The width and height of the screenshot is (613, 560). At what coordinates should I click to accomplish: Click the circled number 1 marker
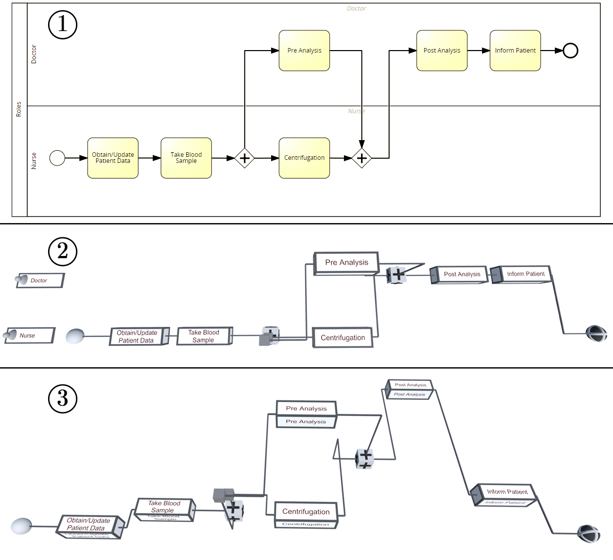tap(62, 25)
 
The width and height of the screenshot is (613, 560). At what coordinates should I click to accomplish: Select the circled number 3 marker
tap(62, 399)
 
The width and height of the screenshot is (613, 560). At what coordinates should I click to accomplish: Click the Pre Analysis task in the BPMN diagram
tap(304, 51)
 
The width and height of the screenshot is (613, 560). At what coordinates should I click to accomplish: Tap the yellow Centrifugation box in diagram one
tap(304, 158)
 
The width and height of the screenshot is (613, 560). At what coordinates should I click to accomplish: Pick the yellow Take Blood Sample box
tap(186, 158)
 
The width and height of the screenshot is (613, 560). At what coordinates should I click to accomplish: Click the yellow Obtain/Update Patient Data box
tap(113, 158)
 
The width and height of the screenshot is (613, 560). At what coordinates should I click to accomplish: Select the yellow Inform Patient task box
tap(515, 51)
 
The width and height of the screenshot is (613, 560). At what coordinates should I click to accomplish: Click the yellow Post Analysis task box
tap(442, 51)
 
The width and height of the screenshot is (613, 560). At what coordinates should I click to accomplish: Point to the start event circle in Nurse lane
tap(57, 158)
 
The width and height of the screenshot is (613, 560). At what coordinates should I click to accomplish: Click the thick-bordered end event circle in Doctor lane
tap(571, 51)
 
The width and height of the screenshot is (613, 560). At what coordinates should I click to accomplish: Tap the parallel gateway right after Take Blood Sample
tap(245, 158)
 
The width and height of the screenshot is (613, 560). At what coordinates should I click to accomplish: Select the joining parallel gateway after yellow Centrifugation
tap(362, 158)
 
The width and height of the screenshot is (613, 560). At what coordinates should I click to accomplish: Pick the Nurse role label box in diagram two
tap(29, 335)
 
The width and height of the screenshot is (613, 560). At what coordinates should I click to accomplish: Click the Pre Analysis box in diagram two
tap(346, 263)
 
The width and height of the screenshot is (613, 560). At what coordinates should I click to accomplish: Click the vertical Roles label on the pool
tap(19, 109)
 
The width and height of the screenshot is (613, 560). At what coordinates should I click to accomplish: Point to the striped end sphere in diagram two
tap(596, 333)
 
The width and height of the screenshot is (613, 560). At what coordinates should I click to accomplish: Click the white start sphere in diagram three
tap(21, 526)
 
